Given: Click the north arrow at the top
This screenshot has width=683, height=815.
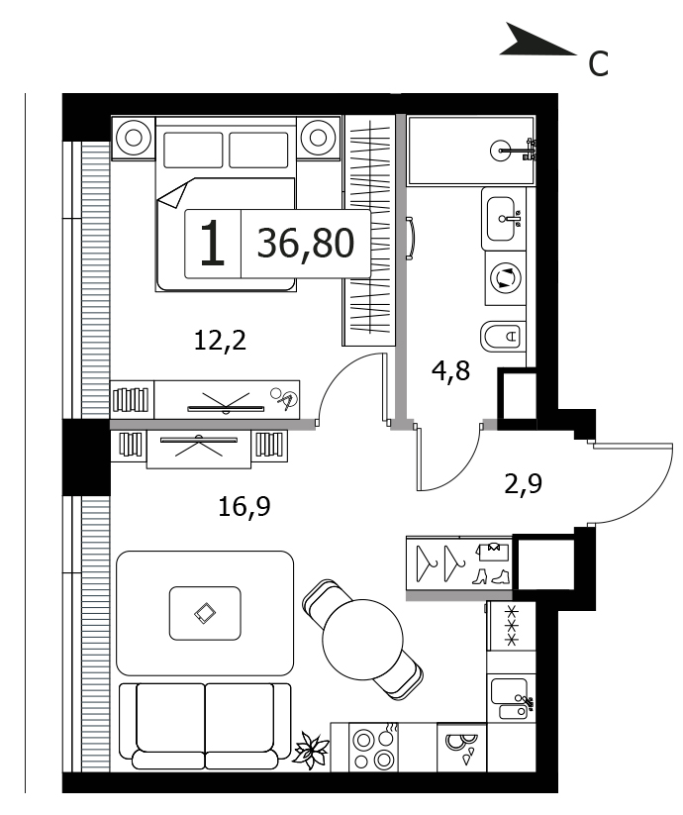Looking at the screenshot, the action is (535, 42).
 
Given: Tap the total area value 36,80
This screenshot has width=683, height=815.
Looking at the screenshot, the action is (306, 244).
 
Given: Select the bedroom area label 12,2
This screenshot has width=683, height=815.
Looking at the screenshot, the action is (220, 341).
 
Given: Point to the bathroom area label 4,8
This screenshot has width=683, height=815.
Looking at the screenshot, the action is (450, 371).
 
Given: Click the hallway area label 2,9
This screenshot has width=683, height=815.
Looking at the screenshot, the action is (523, 484).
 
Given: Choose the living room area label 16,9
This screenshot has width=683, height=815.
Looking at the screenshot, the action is (244, 506).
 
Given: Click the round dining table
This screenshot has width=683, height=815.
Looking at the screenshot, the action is (362, 640).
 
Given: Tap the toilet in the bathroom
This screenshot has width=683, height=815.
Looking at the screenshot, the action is (503, 337).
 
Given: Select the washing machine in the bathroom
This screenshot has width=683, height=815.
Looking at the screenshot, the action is (506, 277).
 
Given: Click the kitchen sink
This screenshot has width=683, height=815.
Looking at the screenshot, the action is (510, 697).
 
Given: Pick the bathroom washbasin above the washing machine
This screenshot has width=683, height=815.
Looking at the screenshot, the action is (503, 219).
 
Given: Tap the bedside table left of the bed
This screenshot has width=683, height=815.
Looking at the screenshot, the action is (134, 138).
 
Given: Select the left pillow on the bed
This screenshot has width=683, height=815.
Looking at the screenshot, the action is (193, 150).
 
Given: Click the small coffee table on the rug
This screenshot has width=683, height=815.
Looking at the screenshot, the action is (205, 613).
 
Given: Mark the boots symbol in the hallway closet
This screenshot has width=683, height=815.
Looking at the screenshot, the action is (491, 576).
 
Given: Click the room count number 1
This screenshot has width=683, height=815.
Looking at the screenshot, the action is (213, 244).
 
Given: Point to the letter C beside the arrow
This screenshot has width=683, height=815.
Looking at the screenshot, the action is (598, 64).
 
